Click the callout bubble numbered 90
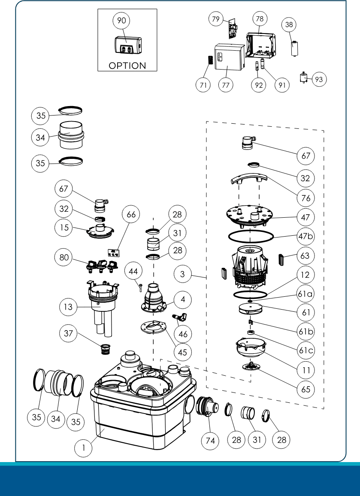tap(121, 20)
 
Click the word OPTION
tap(127, 66)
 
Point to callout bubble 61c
tap(306, 350)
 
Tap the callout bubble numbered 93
tap(320, 79)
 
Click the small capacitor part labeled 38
tap(294, 48)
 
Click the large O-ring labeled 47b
tap(251, 236)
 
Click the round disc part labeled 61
tap(250, 308)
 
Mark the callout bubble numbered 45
tap(183, 352)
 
